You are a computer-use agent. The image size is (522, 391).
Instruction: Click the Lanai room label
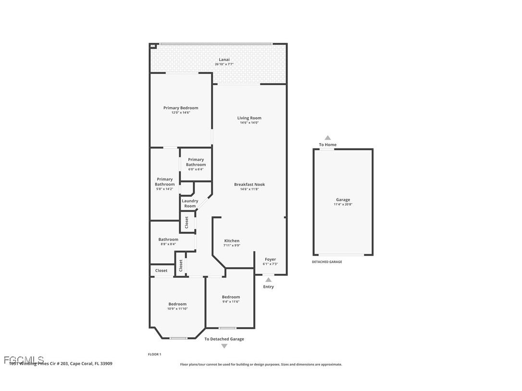[224, 60]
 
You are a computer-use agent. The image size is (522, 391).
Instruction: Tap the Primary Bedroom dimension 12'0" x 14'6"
[181, 113]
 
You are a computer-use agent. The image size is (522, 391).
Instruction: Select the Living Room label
[249, 118]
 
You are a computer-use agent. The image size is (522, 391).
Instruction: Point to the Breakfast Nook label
[249, 184]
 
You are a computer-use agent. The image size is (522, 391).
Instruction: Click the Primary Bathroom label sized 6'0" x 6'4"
[196, 162]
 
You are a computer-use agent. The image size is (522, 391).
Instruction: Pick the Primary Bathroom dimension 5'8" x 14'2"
[165, 189]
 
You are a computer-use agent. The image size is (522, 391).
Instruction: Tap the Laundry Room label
[190, 204]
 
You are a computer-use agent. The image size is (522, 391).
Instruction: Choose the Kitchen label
[232, 241]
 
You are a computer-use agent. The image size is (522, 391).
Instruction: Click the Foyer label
[270, 259]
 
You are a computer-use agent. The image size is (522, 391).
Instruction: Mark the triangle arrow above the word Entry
[268, 280]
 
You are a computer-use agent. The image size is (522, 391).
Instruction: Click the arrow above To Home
[328, 138]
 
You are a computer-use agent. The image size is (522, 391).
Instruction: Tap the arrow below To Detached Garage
[224, 346]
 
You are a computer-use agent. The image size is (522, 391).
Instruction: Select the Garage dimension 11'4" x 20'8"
[343, 205]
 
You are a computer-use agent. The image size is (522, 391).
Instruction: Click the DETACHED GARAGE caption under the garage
[327, 262]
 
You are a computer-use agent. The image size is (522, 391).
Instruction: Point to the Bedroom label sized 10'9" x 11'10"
[177, 304]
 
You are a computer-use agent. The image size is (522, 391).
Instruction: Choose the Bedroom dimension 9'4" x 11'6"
[231, 302]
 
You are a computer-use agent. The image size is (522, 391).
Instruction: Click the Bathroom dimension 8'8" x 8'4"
[168, 244]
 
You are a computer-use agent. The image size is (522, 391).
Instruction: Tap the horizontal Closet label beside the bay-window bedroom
[162, 271]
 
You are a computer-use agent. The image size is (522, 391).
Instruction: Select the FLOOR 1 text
[154, 354]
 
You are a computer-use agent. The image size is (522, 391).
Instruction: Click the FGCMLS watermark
[24, 360]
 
